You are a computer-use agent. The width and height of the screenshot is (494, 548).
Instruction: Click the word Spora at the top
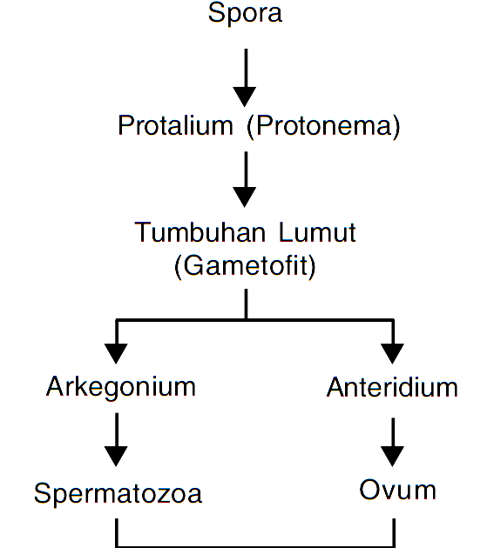(x=245, y=15)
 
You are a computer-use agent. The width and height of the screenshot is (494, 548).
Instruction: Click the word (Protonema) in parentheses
(x=322, y=126)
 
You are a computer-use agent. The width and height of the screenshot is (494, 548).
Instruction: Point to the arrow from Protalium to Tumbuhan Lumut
(x=245, y=178)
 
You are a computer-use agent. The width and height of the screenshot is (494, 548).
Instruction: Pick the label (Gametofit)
(x=245, y=264)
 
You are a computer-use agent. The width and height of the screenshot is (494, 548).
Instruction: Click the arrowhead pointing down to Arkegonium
(x=116, y=352)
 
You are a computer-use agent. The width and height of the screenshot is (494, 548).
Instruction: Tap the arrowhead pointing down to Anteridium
(x=393, y=352)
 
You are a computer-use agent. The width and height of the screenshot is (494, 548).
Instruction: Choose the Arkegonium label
(x=120, y=386)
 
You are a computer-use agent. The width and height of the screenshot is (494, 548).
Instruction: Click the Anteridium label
(x=392, y=387)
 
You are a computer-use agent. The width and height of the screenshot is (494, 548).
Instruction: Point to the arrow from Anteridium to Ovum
(x=393, y=442)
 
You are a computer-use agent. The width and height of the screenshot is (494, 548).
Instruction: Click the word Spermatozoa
(x=118, y=493)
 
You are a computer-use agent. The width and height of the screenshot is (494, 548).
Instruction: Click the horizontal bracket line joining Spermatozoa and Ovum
(x=254, y=545)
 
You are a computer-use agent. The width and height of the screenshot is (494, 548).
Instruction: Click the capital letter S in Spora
(x=216, y=14)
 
